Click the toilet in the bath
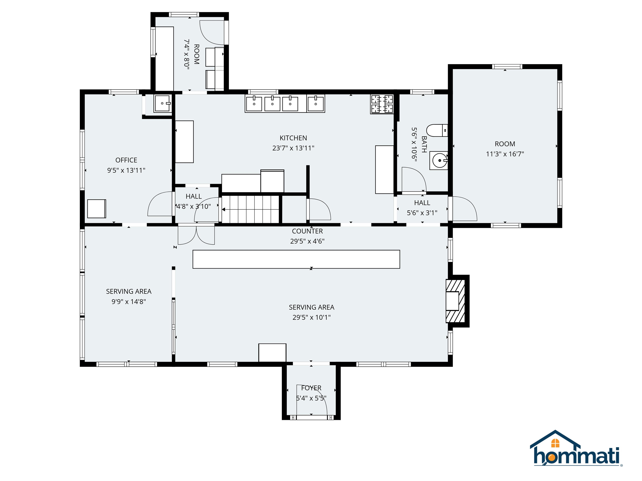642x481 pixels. (437, 130)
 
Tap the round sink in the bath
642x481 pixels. (439, 160)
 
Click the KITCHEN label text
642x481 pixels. (293, 138)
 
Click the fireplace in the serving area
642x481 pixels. (455, 301)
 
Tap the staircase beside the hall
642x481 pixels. (250, 209)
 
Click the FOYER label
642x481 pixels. (311, 388)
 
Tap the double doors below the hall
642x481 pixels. (196, 235)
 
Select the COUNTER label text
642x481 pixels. (307, 231)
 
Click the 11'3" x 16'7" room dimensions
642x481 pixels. (505, 154)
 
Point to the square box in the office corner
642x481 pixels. (97, 209)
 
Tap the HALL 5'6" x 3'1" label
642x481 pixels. (422, 208)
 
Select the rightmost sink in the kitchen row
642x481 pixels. (316, 104)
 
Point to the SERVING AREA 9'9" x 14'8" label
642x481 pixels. (129, 296)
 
